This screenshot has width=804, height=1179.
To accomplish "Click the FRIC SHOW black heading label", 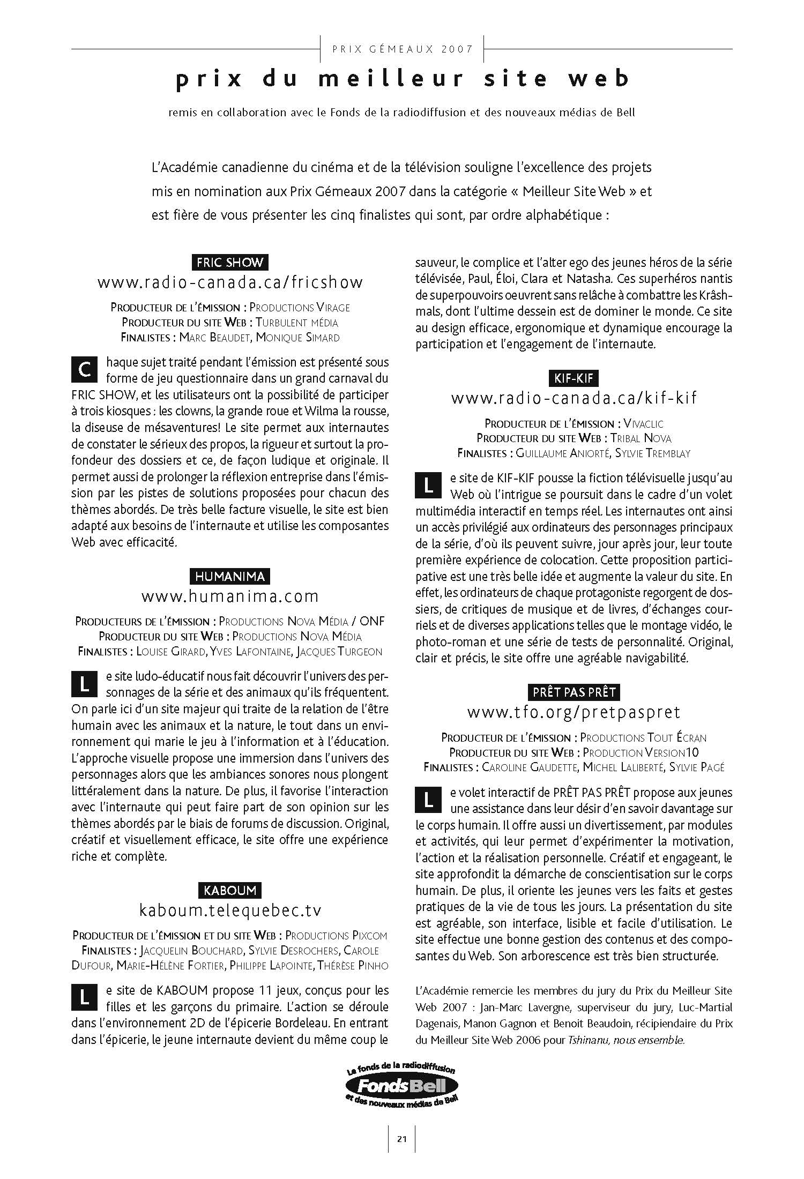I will pyautogui.click(x=230, y=263).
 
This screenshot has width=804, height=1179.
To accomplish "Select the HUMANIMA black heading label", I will pyautogui.click(x=230, y=577).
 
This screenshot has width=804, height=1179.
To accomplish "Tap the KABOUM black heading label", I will pyautogui.click(x=230, y=891).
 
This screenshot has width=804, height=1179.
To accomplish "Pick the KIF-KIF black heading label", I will pyautogui.click(x=574, y=378).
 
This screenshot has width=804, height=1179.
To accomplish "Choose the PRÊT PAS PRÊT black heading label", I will pyautogui.click(x=574, y=692).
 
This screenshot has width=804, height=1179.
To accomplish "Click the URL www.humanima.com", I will pyautogui.click(x=230, y=596).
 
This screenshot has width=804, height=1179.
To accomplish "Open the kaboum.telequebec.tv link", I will pyautogui.click(x=230, y=911).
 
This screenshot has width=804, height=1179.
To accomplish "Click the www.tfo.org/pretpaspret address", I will pyautogui.click(x=574, y=712).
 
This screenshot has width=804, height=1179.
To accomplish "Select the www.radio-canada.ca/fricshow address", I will pyautogui.click(x=230, y=282).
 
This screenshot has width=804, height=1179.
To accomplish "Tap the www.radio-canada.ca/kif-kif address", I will pyautogui.click(x=574, y=398).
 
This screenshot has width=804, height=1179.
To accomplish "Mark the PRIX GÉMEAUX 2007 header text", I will pyautogui.click(x=402, y=49).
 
